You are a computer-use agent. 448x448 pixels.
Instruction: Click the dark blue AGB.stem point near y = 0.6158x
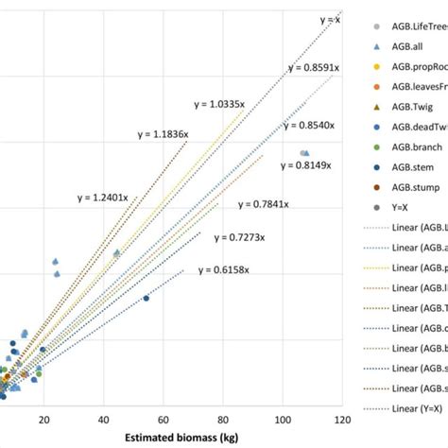(x=146, y=298)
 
